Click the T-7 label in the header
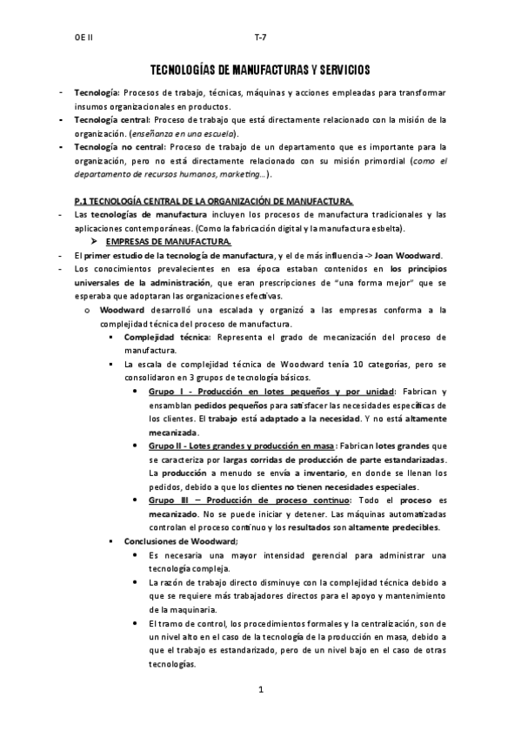tap(260, 38)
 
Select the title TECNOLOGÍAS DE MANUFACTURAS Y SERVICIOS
tap(260, 68)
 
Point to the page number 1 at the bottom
tap(260, 690)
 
